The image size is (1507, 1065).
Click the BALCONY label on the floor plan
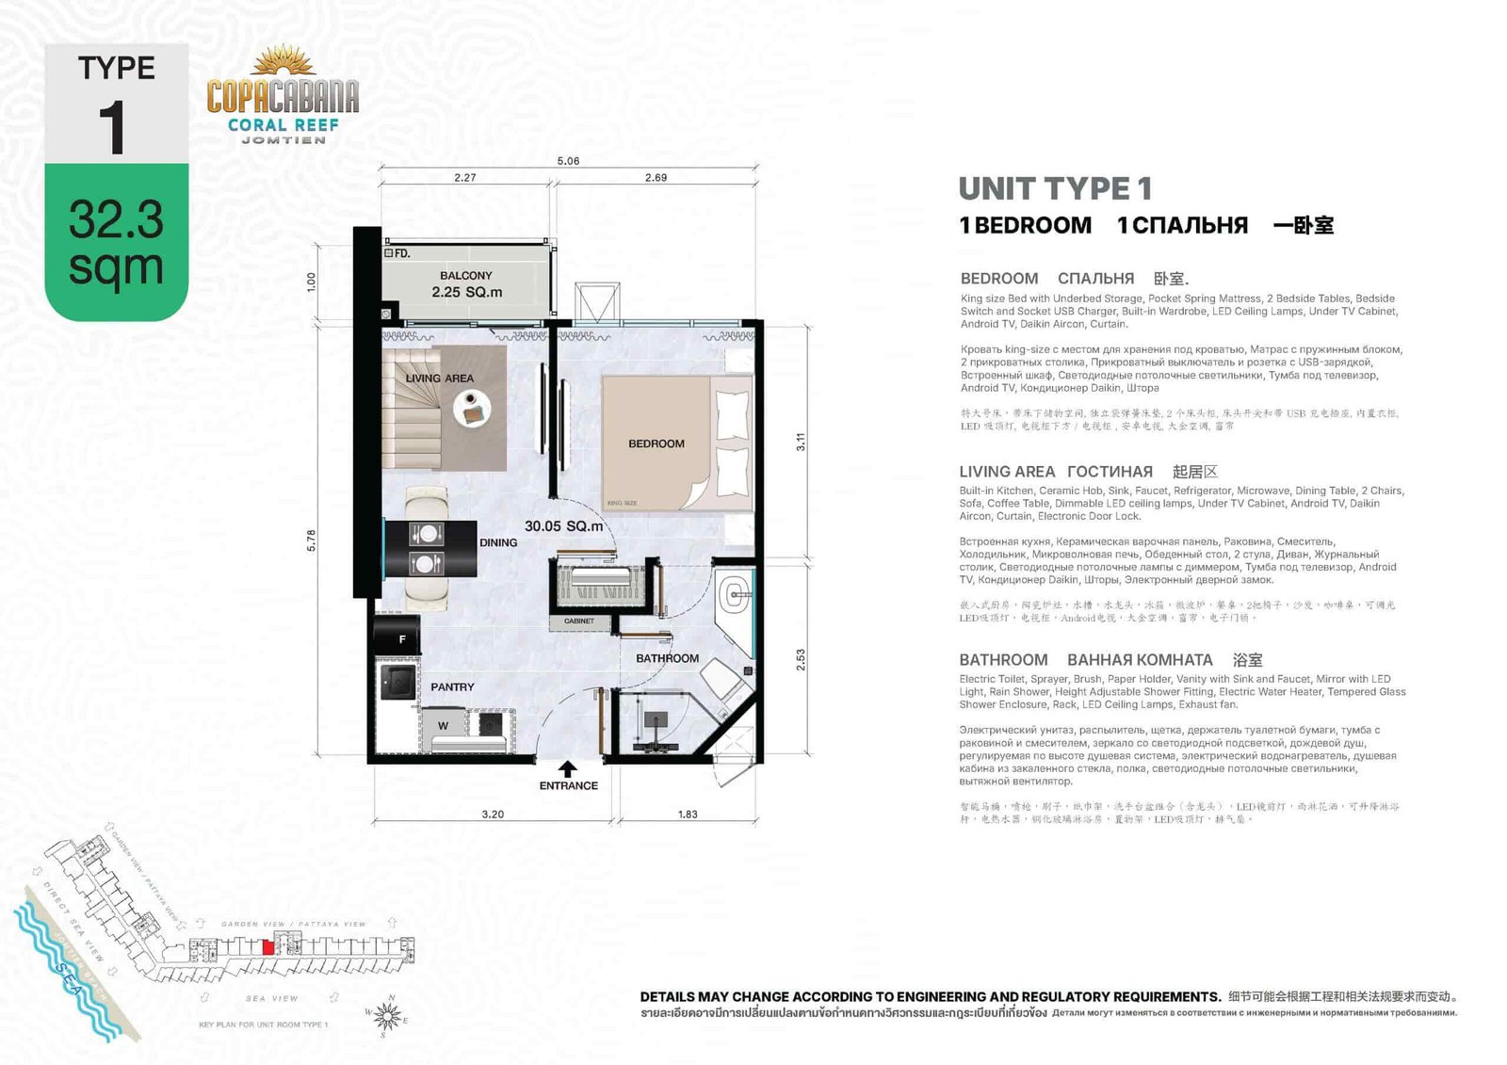point(465,276)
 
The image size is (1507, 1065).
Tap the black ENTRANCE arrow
point(568,769)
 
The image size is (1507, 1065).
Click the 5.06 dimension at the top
point(568,161)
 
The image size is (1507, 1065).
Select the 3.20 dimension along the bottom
point(493,815)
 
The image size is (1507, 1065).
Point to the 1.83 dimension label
point(688,815)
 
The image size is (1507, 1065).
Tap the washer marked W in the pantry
point(444,725)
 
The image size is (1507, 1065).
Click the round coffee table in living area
point(472,409)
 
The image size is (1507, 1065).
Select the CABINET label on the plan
point(578,621)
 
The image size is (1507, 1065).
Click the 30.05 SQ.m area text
point(563,526)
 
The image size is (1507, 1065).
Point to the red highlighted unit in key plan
point(267,948)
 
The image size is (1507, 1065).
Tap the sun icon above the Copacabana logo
point(283,62)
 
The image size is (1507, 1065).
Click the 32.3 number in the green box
point(116,219)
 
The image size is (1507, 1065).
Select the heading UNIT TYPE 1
point(1055,188)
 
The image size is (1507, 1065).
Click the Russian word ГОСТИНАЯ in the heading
point(1110,472)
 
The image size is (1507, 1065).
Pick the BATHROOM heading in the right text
point(1003,660)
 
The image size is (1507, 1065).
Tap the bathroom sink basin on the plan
point(735,594)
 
